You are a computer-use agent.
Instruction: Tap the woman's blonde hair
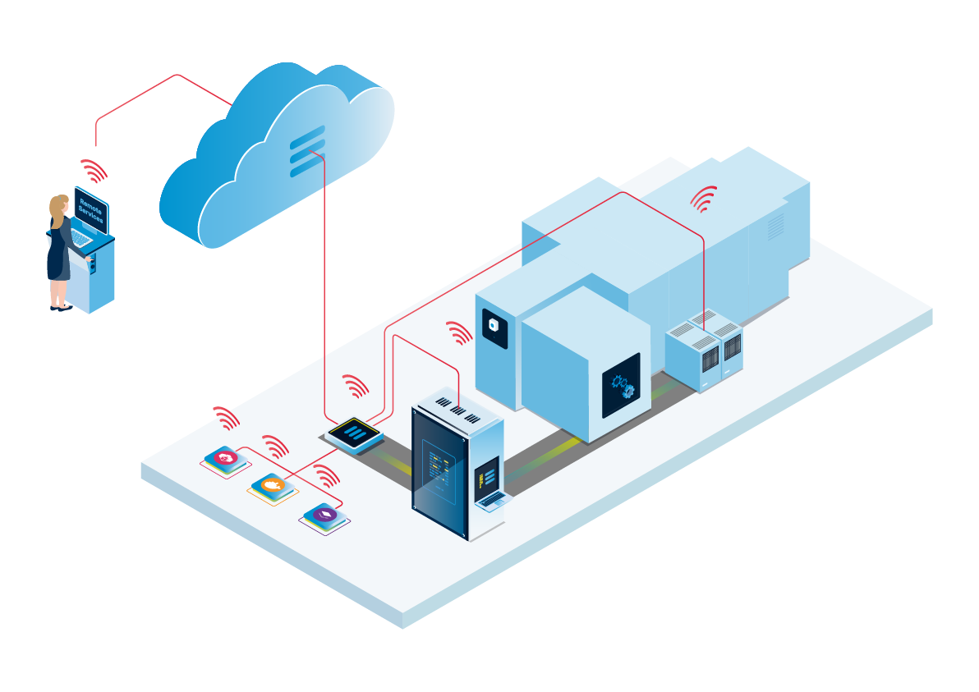point(57,209)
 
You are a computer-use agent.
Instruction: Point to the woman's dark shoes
point(61,308)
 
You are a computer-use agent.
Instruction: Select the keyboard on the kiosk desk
point(83,238)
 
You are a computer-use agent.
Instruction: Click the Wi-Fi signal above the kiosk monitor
point(94,172)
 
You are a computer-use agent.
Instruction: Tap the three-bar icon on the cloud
point(307,151)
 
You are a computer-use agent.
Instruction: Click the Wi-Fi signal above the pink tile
point(226,418)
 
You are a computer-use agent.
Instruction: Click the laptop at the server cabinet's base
point(491,500)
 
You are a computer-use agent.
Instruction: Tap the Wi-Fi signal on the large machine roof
point(704,199)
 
